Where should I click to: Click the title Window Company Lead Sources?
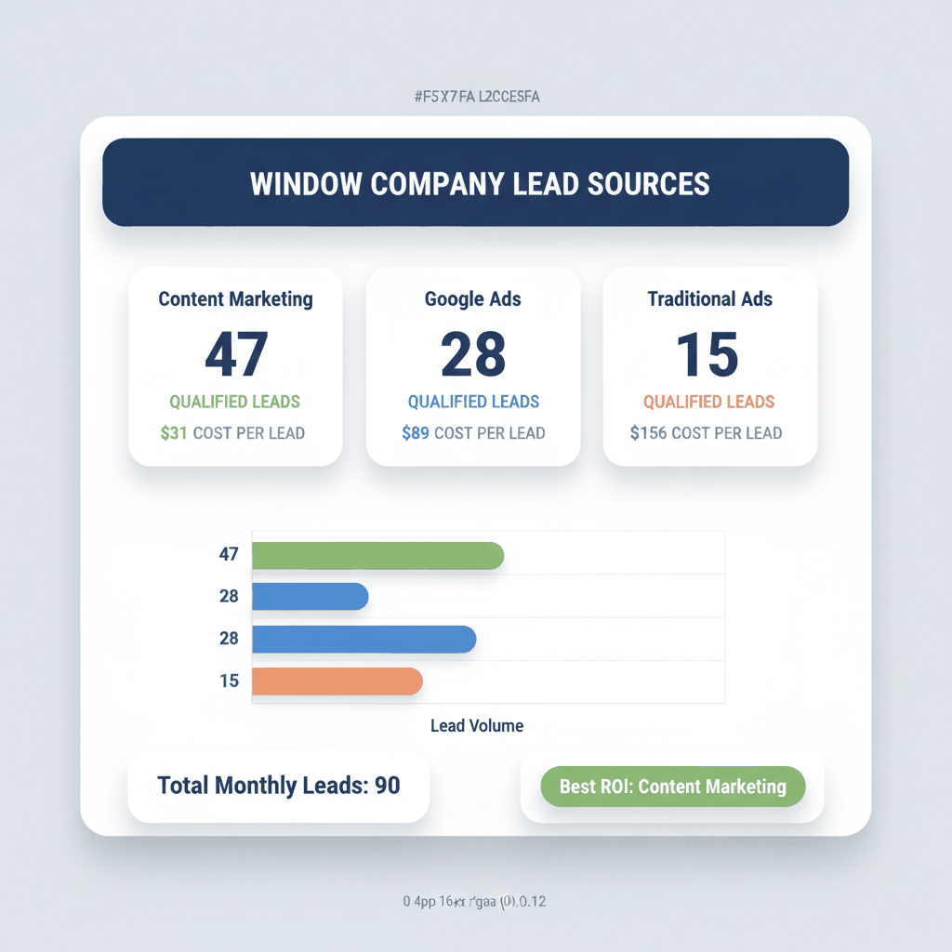(480, 183)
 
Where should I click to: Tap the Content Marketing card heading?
(235, 299)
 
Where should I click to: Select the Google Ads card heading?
(473, 299)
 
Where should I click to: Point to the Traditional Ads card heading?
(710, 299)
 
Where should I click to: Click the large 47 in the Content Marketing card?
(236, 354)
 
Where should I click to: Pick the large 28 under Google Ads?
(473, 354)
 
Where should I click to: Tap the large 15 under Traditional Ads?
(708, 354)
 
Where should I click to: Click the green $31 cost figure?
(174, 433)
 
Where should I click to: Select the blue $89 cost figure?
(416, 433)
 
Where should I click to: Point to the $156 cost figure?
(649, 433)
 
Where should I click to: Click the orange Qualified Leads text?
(709, 403)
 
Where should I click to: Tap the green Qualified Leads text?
(235, 403)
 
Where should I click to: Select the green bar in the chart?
(377, 555)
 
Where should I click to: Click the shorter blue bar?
(311, 597)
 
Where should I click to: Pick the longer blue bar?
(364, 639)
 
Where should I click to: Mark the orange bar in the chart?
(337, 681)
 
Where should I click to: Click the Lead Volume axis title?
(477, 726)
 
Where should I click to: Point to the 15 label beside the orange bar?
(230, 681)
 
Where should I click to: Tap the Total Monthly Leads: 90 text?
(279, 786)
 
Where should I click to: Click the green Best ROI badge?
(672, 787)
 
